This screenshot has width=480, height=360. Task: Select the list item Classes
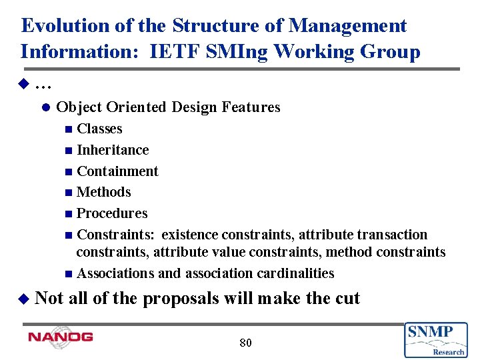[99, 129]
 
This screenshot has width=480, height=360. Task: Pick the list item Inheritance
[113, 150]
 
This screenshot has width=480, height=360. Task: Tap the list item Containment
[117, 171]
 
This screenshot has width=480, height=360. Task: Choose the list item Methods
[104, 192]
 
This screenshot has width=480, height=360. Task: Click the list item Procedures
[112, 213]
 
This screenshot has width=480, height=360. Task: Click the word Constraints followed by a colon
[117, 235]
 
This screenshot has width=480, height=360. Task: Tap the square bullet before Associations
[70, 274]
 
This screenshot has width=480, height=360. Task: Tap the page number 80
[245, 343]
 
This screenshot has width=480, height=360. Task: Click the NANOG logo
[61, 337]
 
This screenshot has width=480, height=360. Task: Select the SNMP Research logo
[435, 339]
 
